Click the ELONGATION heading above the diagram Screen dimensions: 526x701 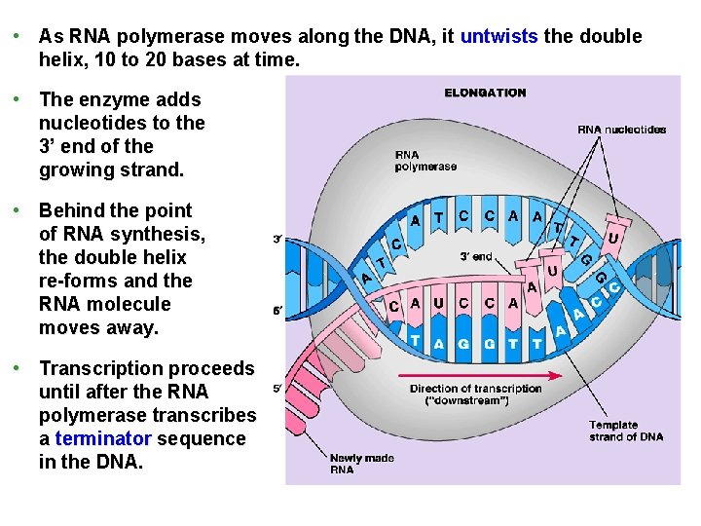[485, 93]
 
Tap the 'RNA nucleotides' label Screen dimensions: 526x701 [621, 129]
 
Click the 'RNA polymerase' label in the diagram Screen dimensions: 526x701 [425, 161]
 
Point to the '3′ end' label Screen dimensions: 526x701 [476, 257]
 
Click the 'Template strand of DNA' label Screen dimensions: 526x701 [626, 431]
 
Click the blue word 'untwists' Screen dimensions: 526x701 [498, 37]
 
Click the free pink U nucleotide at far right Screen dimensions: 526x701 [612, 237]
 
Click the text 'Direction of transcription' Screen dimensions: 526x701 [475, 389]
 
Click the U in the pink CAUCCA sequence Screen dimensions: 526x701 [438, 303]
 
